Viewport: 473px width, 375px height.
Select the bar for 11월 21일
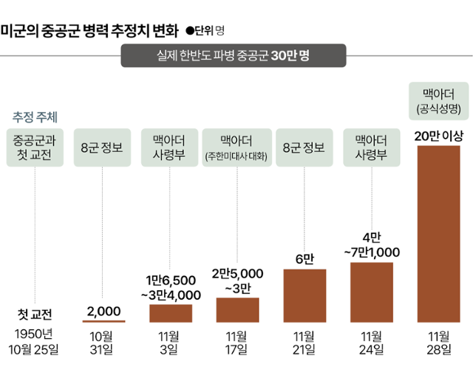(304, 295)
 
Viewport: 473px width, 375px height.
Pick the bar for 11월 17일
(237, 309)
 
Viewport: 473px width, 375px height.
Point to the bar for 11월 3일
(171, 313)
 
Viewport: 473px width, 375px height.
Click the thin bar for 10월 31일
(103, 321)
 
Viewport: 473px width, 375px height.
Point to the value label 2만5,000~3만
(237, 280)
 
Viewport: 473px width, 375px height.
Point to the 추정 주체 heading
(35, 117)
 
